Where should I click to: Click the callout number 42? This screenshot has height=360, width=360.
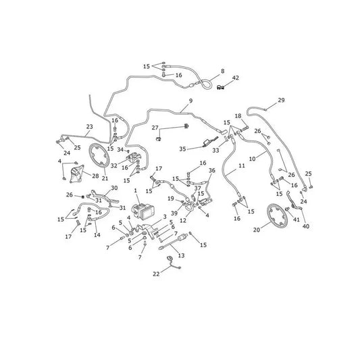click(x=236, y=78)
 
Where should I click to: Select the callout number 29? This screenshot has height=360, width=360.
click(x=281, y=100)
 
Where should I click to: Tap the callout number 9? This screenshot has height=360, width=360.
click(x=190, y=101)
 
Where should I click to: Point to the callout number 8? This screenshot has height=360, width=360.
click(x=222, y=71)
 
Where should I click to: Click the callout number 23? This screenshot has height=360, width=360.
click(x=90, y=127)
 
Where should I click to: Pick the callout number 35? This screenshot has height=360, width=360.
click(x=182, y=149)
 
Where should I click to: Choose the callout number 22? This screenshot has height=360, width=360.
click(x=156, y=274)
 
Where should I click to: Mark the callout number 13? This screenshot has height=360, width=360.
click(x=182, y=255)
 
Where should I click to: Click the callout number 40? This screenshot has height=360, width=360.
click(x=306, y=226)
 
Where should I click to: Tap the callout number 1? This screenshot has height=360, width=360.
click(x=136, y=190)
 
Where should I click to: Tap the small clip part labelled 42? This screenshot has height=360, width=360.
click(x=220, y=87)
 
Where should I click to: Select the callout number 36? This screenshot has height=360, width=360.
click(x=212, y=171)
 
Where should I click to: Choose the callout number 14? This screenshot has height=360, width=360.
click(x=97, y=235)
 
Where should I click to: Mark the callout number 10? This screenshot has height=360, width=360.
click(x=253, y=159)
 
